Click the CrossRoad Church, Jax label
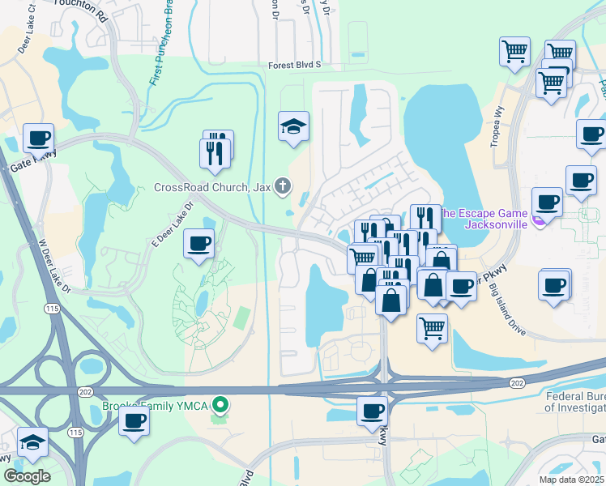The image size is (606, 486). [213, 187]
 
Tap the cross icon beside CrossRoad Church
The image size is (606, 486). [283, 187]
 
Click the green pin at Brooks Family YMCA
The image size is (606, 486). [219, 404]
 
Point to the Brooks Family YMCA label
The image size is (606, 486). [154, 404]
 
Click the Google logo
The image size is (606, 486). [27, 476]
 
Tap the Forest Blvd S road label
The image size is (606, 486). [295, 64]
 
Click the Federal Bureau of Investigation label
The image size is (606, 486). [574, 403]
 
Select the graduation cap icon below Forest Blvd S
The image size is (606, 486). [294, 126]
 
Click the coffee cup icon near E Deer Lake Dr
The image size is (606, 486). [198, 243]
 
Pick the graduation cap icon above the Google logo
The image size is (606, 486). [33, 442]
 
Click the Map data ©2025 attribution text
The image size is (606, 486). [571, 480]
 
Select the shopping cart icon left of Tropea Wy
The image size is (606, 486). [514, 51]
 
